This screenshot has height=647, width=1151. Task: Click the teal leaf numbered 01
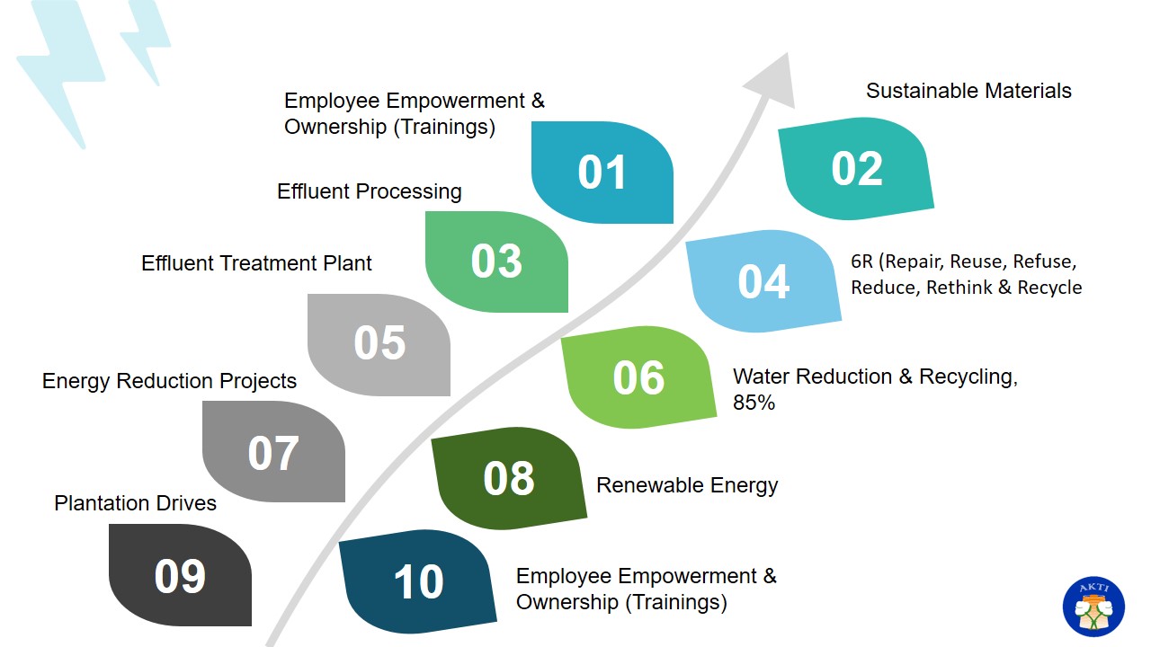click(x=602, y=172)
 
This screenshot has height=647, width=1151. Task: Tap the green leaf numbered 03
click(x=496, y=261)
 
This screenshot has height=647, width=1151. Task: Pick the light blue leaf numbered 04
click(x=763, y=281)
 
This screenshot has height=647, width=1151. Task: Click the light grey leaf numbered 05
click(x=379, y=344)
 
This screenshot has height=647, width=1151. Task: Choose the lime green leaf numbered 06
click(x=638, y=377)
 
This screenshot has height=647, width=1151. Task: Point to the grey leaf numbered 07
click(x=273, y=451)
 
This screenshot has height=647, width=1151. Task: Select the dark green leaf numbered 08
click(x=509, y=478)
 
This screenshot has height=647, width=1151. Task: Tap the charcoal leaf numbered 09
click(x=180, y=574)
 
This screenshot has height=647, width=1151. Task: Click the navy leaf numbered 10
click(x=418, y=581)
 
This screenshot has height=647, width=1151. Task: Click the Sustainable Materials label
click(x=968, y=91)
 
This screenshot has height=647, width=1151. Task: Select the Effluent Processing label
click(x=370, y=191)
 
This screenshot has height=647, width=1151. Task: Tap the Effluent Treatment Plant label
click(x=256, y=263)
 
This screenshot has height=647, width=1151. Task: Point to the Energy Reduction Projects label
click(x=169, y=381)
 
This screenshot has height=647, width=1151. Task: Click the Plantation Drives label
click(x=135, y=503)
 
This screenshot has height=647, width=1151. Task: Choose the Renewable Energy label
click(x=687, y=485)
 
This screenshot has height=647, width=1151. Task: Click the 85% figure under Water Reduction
click(x=754, y=403)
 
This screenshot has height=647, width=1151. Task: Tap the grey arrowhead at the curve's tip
click(x=775, y=82)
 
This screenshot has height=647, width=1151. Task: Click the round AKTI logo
click(x=1093, y=607)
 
